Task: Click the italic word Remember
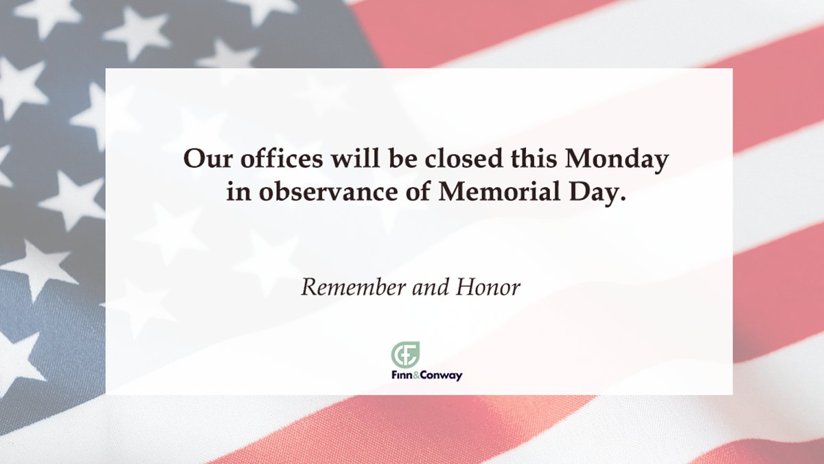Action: click(352, 287)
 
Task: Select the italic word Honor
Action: click(488, 287)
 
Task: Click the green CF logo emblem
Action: click(406, 355)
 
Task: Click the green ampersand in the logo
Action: click(416, 375)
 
